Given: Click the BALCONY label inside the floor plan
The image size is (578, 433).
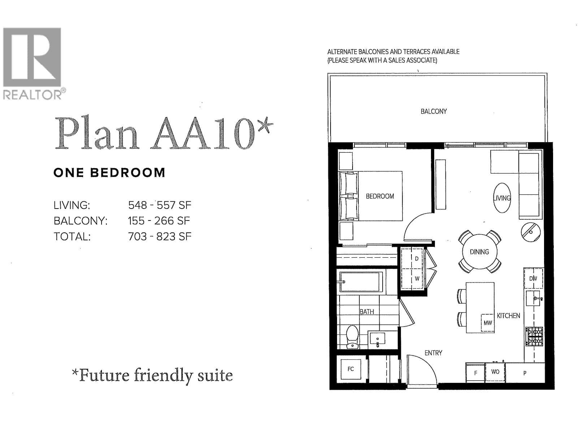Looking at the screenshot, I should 433,111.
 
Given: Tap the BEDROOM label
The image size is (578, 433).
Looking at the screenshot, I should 380,196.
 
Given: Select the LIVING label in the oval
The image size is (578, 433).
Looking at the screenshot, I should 502,198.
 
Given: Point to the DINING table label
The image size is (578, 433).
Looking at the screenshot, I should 479,252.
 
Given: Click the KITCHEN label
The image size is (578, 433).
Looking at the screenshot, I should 508,316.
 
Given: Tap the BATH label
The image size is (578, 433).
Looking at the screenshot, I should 367,312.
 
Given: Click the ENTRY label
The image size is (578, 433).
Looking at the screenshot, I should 433,353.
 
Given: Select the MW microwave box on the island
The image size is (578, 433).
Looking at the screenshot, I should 488,323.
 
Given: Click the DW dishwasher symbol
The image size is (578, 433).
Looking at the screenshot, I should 533,278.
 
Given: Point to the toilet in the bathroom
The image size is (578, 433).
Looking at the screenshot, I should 352,337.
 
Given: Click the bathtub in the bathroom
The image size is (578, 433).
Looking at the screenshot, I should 361,282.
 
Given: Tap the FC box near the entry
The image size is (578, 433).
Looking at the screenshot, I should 351,369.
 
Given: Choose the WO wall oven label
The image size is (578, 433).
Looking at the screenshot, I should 495,372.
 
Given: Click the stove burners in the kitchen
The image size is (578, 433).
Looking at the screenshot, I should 534,336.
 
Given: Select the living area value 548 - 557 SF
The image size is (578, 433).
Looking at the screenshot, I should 160,205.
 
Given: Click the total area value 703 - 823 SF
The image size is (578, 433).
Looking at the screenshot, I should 160,237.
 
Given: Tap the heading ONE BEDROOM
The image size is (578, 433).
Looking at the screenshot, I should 109,173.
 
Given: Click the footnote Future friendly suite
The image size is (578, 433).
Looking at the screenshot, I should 152,375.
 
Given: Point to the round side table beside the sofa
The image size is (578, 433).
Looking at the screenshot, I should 531,232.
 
